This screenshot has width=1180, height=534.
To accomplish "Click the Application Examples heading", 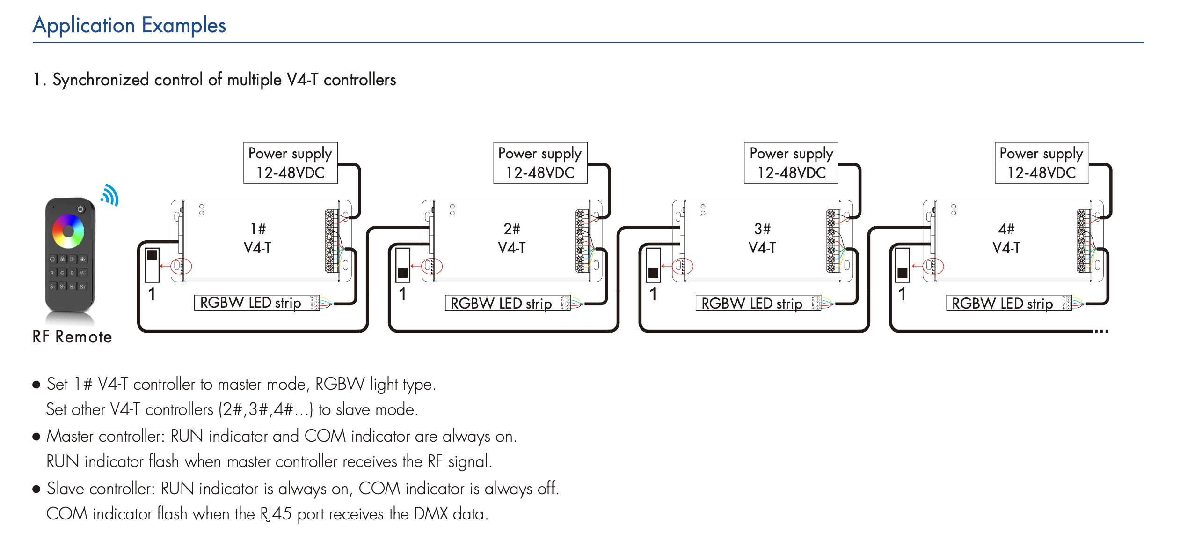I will tap(129, 26).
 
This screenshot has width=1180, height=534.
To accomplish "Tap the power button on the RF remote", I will tap(80, 209).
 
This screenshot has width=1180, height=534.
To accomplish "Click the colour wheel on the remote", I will tap(68, 231).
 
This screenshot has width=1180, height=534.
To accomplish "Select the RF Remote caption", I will tap(72, 337).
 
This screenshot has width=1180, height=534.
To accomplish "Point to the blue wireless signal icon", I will tap(110, 195).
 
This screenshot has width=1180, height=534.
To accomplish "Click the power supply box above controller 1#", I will tap(290, 163).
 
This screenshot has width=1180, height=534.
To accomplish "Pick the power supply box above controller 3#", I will tap(791, 163).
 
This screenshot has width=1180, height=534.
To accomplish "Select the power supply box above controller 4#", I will tap(1042, 163).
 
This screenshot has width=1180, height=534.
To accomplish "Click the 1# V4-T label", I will tap(258, 238).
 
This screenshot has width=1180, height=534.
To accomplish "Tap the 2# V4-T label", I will tap(511, 238).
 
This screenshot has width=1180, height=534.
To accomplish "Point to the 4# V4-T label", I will tap(1006, 238).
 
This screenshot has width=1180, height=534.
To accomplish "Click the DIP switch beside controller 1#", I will tap(152, 265).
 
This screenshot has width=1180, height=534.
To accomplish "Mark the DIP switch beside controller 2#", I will tap(403, 265).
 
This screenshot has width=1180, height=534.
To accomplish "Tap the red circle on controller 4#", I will tap(933, 266).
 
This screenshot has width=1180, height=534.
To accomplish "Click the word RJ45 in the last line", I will tap(276, 514).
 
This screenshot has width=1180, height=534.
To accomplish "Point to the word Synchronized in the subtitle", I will tap(101, 80).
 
